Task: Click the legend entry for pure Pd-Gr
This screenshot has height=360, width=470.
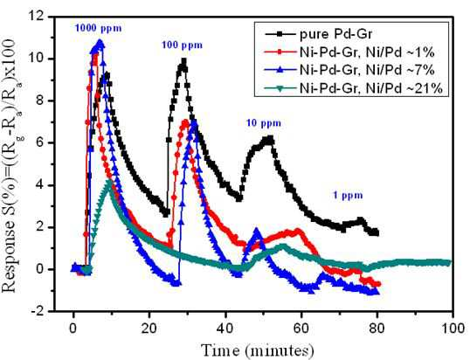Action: (x=318, y=34)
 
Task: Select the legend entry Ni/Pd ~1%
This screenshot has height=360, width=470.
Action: (x=349, y=52)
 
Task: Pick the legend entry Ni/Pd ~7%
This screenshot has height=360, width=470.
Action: (x=349, y=70)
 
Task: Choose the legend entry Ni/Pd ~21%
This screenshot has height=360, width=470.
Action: (x=354, y=88)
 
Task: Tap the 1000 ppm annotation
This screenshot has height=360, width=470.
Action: (x=99, y=29)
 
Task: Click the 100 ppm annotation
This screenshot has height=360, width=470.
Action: (x=183, y=45)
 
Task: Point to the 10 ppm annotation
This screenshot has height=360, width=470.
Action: (x=264, y=123)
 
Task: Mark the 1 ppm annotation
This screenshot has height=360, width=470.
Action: (x=348, y=196)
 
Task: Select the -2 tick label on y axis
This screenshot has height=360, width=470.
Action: (x=39, y=311)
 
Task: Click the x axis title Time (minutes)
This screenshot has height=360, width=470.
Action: (x=258, y=350)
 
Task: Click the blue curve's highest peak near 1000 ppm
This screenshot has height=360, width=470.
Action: (x=100, y=42)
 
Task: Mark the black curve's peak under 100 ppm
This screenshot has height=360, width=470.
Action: (x=183, y=61)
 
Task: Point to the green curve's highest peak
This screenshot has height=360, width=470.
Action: (x=109, y=181)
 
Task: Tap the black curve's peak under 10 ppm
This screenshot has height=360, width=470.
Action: (x=270, y=139)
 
